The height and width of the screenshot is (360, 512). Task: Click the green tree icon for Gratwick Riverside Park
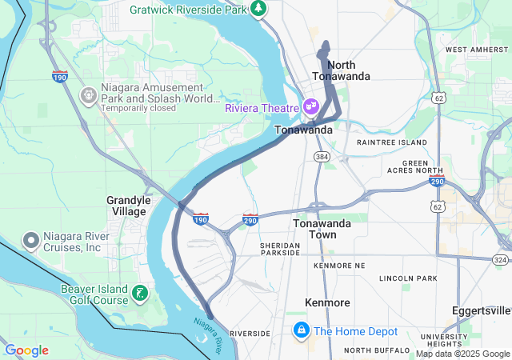tap(258, 9)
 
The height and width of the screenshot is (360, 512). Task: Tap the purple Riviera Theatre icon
tap(310, 106)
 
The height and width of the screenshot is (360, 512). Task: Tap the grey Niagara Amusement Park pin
tap(89, 95)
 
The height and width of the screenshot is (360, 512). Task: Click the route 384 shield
tap(320, 155)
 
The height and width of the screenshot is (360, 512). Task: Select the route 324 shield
tap(501, 260)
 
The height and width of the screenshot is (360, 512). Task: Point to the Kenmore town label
tap(327, 302)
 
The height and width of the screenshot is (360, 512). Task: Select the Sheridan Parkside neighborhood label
tap(279, 249)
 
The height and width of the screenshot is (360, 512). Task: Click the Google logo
tap(27, 350)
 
